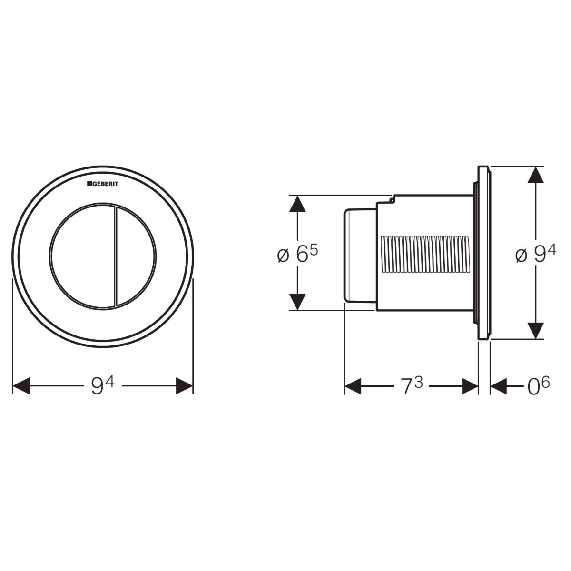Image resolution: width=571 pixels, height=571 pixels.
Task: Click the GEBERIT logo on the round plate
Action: click(x=102, y=184)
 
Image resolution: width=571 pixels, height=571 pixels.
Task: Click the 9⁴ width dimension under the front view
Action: click(x=102, y=386)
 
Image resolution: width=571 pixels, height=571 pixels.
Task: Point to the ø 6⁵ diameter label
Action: click(x=297, y=254)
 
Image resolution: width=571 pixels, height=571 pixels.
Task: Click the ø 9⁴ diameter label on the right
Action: click(x=536, y=254)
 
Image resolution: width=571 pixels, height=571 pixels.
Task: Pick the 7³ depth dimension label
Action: click(x=412, y=386)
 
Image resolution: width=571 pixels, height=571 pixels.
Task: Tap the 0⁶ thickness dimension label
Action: click(x=538, y=386)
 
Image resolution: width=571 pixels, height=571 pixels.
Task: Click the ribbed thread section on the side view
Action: click(x=425, y=254)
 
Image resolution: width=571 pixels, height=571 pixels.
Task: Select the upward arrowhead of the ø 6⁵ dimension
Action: click(x=297, y=204)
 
